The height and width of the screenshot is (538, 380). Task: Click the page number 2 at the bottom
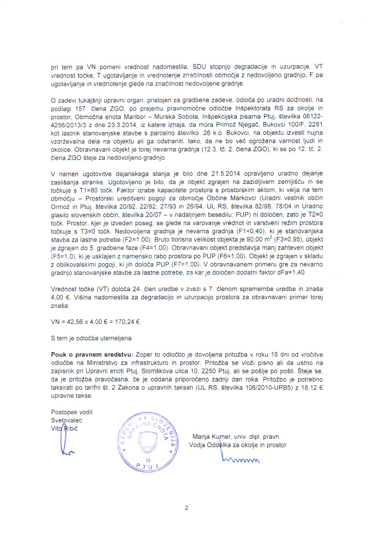point(187,508)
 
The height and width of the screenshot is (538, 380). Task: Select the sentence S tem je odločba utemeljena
point(92,338)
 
